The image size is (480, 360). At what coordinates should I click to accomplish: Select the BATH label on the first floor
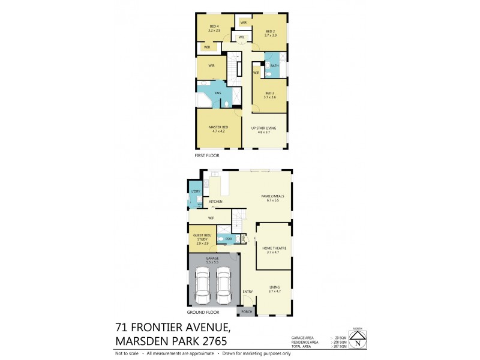274,65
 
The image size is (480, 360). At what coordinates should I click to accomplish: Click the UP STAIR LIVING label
264,128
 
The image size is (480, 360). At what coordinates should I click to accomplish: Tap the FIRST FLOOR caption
207,155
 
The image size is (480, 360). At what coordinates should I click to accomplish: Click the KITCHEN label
216,202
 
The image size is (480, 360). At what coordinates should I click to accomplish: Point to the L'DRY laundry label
196,191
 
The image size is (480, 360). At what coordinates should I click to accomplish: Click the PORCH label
247,312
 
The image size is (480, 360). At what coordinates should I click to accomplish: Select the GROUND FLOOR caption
203,313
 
